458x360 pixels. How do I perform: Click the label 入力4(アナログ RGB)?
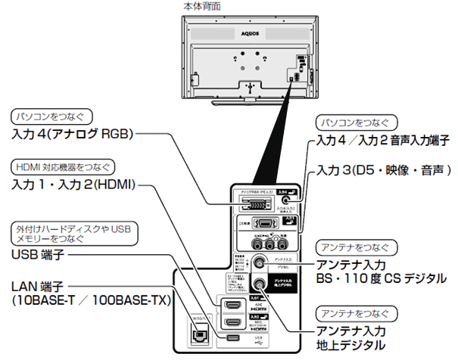73,135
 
